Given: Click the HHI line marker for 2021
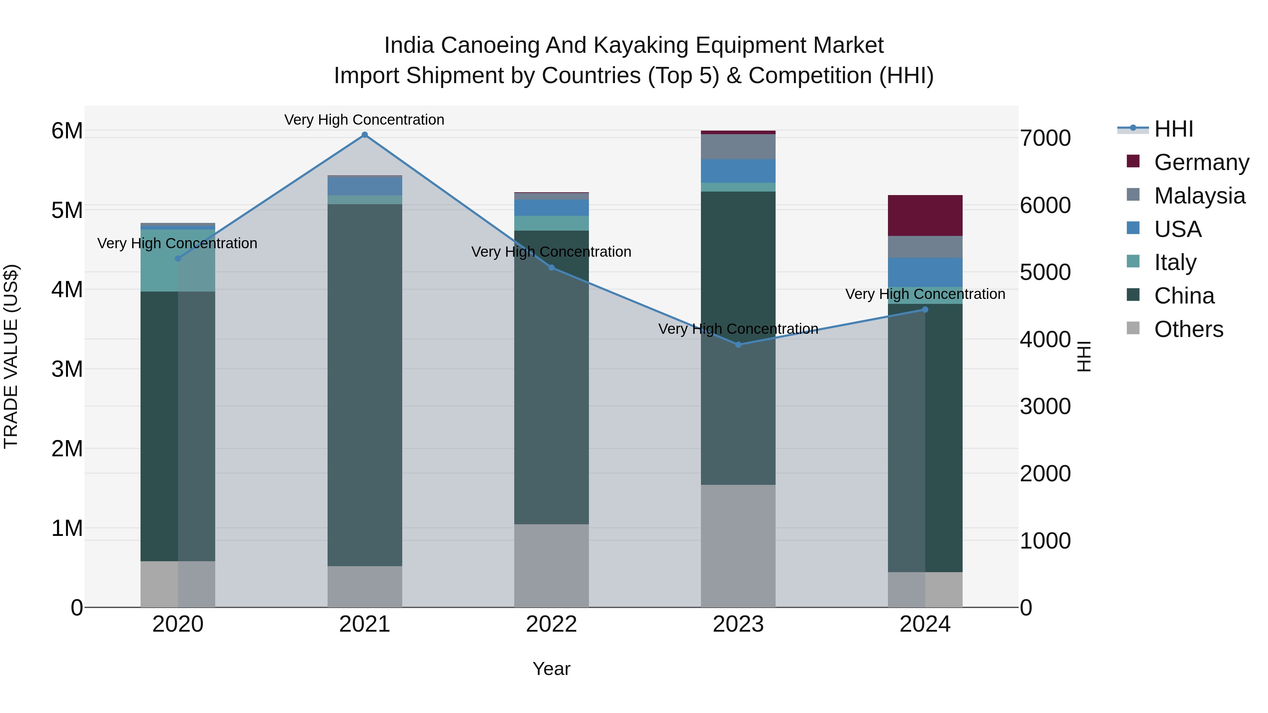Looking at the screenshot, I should click(365, 135).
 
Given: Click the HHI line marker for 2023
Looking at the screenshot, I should click(738, 345).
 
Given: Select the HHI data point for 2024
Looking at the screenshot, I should click(925, 309).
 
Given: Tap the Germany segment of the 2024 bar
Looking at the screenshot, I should click(925, 215).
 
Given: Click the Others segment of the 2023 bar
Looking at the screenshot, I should click(738, 546).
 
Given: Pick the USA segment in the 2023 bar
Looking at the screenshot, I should click(738, 171).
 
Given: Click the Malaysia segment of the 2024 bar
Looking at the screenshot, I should click(925, 247).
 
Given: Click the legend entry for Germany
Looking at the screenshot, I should click(1201, 162).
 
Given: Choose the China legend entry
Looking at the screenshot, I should click(1184, 296).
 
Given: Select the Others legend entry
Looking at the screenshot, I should click(1188, 329).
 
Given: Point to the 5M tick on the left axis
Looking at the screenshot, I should click(67, 210).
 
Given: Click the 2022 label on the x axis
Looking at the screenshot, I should click(551, 624).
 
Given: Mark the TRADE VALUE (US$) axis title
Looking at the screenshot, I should click(11, 357).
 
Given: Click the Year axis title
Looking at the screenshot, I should click(551, 669).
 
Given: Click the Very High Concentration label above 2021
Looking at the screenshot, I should click(364, 120).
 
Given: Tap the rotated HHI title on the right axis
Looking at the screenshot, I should click(1084, 357).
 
